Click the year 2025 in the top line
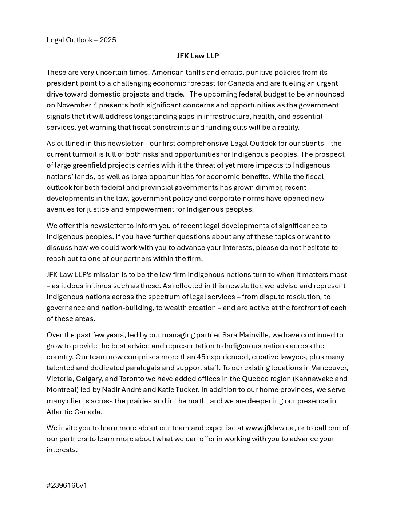pyautogui.click(x=108, y=40)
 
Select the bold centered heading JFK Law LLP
pyautogui.click(x=198, y=56)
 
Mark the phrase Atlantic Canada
pyautogui.click(x=74, y=412)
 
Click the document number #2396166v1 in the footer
pyautogui.click(x=67, y=486)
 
